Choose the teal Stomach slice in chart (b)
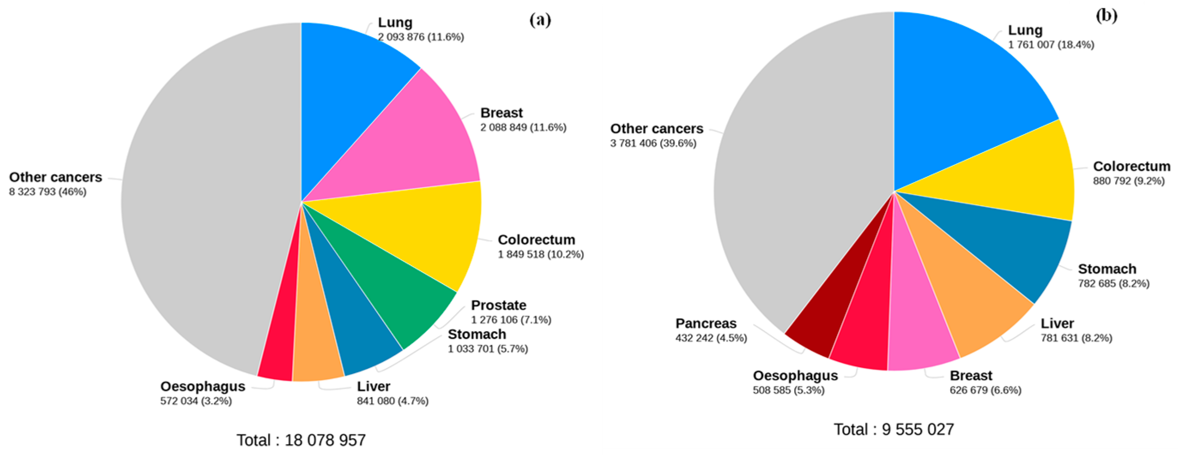click(1012, 247)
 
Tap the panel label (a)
click(540, 20)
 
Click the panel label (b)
click(1106, 16)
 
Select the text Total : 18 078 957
click(301, 440)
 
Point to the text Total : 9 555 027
click(894, 430)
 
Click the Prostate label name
click(499, 305)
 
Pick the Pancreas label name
click(706, 323)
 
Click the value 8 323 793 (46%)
click(48, 192)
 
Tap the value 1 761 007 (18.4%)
click(1051, 45)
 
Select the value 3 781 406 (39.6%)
click(653, 144)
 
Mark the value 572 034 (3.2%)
click(196, 401)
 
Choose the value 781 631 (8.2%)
click(1076, 338)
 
